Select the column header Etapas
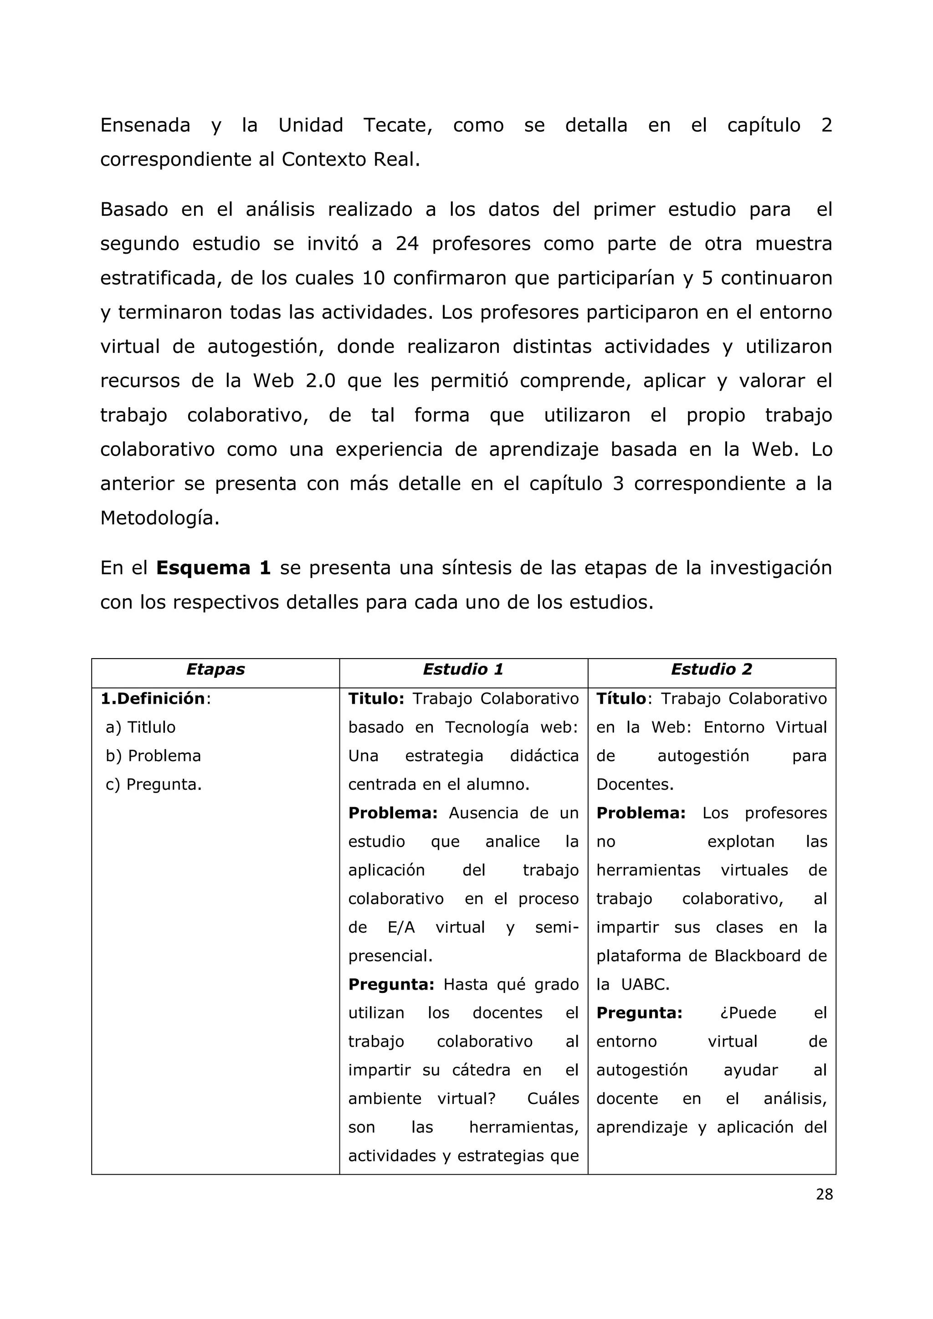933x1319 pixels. tap(215, 669)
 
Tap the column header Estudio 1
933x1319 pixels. tap(463, 669)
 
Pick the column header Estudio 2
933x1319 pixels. tap(711, 669)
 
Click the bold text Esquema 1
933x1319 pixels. tap(213, 567)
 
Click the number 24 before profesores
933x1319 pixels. tap(407, 244)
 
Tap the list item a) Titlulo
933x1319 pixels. tap(140, 727)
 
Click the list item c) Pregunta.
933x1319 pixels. tap(154, 785)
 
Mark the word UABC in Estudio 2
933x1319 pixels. tap(645, 985)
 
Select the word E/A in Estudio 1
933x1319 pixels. tap(401, 927)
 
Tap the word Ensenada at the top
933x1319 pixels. tap(145, 125)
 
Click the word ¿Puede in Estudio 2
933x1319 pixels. tap(748, 1013)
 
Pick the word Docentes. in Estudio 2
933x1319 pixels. tap(634, 785)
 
